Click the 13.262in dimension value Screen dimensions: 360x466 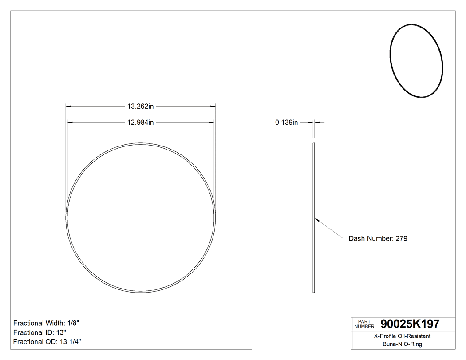[140, 107]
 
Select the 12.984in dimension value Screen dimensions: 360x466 [140, 123]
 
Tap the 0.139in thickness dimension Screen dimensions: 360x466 [286, 123]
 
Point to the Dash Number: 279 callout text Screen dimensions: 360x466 [378, 238]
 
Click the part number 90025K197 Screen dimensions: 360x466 [407, 324]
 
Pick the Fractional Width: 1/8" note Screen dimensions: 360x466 [46, 323]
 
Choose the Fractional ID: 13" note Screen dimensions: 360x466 [40, 332]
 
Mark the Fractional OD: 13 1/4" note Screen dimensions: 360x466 [47, 342]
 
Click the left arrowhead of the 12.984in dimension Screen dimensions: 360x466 [69, 123]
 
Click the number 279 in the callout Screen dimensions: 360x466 [401, 238]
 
